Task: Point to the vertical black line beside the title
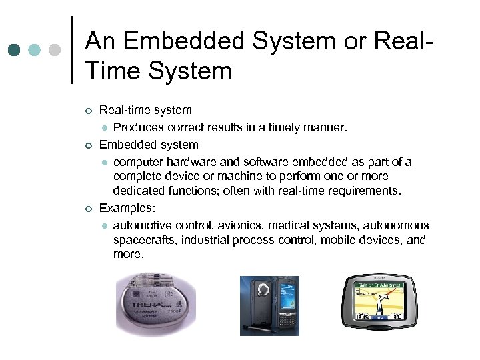point(72,50)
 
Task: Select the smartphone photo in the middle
point(269,305)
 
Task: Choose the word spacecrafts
point(146,240)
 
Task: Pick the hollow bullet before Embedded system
point(89,145)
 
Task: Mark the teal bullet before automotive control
point(104,226)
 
